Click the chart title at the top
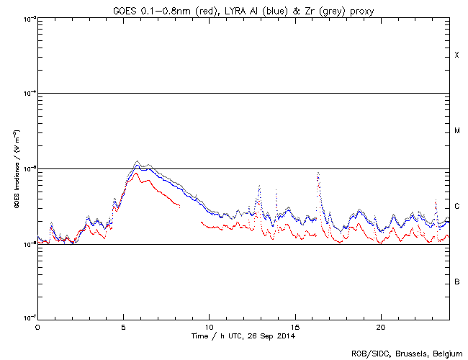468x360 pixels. click(242, 8)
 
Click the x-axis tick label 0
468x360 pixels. click(37, 327)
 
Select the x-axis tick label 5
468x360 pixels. click(123, 327)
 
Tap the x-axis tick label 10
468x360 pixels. click(209, 327)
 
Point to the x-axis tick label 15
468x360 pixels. click(295, 327)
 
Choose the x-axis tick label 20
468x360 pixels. click(381, 327)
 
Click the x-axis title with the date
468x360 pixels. click(243, 336)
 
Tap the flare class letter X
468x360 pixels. click(456, 55)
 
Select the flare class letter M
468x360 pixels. click(456, 131)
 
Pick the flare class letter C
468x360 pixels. click(456, 207)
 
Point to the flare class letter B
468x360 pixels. click(456, 282)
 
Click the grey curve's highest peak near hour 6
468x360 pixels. click(138, 162)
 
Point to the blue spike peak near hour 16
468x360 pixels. click(318, 174)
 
